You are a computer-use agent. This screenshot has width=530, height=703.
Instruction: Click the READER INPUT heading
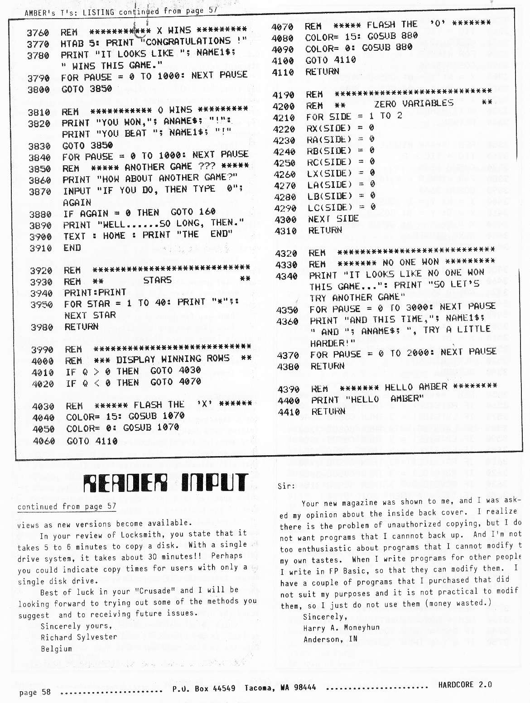[166, 483]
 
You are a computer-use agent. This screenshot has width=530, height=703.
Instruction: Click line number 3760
[38, 33]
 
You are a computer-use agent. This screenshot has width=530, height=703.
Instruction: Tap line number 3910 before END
[41, 248]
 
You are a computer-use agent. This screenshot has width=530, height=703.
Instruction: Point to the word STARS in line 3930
[157, 280]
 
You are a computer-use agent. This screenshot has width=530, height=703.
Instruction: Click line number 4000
[43, 361]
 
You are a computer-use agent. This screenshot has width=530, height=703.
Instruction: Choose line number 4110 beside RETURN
[283, 72]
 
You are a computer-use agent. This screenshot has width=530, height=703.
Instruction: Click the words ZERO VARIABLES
[414, 104]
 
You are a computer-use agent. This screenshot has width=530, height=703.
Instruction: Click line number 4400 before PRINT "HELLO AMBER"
[289, 400]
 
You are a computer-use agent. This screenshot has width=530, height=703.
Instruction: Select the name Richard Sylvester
[72, 637]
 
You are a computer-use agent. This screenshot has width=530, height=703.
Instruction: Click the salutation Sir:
[286, 486]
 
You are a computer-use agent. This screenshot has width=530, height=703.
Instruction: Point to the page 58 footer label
[35, 692]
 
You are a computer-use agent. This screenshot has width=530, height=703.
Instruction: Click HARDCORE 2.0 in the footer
[465, 685]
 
